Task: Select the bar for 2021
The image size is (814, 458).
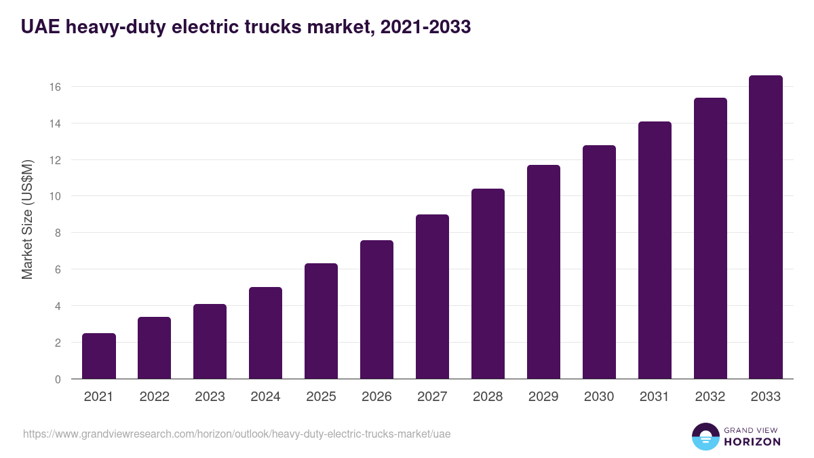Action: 99,356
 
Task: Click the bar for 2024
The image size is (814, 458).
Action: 265,333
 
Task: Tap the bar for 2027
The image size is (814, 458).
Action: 432,297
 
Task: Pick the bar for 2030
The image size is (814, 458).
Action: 599,262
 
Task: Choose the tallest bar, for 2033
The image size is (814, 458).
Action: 766,227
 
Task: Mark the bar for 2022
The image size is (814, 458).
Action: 155,348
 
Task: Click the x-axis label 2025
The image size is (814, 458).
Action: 321,397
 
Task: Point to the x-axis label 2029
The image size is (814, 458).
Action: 543,397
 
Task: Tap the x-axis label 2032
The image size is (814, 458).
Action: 710,397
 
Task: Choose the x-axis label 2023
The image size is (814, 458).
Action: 210,397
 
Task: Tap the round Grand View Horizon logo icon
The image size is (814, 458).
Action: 705,436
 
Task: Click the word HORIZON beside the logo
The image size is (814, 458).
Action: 752,442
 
